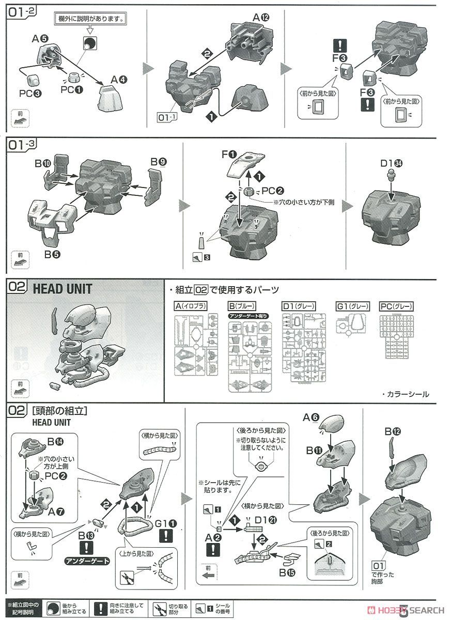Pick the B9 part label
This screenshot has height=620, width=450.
point(158,162)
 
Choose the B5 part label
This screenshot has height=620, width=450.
point(50,254)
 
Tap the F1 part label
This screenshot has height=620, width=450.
point(228,154)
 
